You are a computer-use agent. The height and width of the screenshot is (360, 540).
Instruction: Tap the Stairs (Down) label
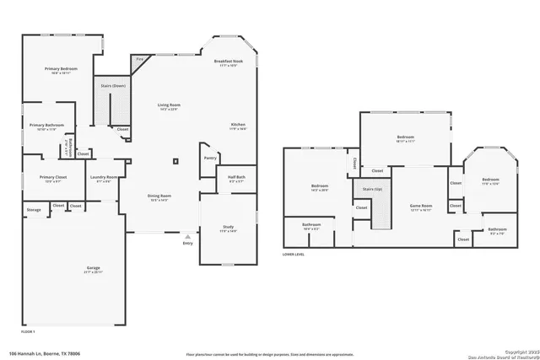tap(113, 86)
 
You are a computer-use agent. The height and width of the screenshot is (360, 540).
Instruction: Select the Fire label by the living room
tap(139, 59)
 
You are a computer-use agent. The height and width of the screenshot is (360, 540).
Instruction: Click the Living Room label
tap(169, 105)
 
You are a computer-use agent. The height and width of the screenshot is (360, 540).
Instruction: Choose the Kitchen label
tap(239, 125)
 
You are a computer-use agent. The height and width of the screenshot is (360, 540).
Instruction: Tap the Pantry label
tap(210, 157)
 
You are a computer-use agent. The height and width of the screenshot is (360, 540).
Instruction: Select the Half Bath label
tap(235, 177)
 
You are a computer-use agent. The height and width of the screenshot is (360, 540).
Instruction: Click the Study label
tap(228, 228)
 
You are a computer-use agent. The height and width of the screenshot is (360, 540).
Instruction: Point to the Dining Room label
tap(159, 196)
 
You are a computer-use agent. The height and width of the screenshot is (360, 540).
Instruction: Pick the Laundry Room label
tap(104, 177)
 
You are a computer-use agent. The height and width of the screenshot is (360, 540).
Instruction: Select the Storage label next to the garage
tap(34, 209)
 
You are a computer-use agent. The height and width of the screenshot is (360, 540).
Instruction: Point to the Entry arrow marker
tap(186, 237)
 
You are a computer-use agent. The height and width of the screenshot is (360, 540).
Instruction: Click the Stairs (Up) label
tap(372, 190)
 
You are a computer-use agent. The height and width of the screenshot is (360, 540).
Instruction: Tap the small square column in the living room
tap(175, 160)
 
